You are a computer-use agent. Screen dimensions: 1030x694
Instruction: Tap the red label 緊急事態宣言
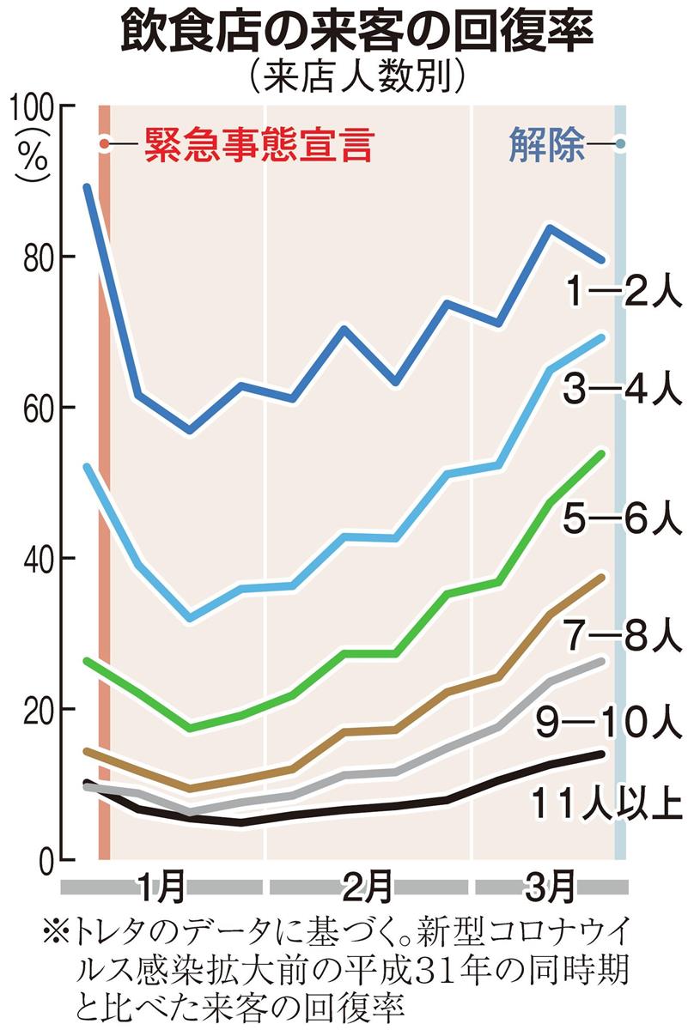coord(259,145)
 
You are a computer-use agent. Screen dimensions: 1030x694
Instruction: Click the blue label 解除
coord(547,144)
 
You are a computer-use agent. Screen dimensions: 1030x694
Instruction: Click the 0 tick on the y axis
coord(47,860)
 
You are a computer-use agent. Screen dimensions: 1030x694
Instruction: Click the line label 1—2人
coord(624,292)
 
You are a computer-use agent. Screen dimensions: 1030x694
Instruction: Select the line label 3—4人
coord(624,390)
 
